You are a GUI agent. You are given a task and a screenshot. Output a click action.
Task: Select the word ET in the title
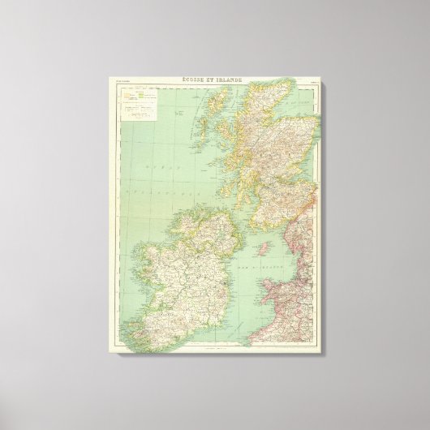[217, 78]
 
